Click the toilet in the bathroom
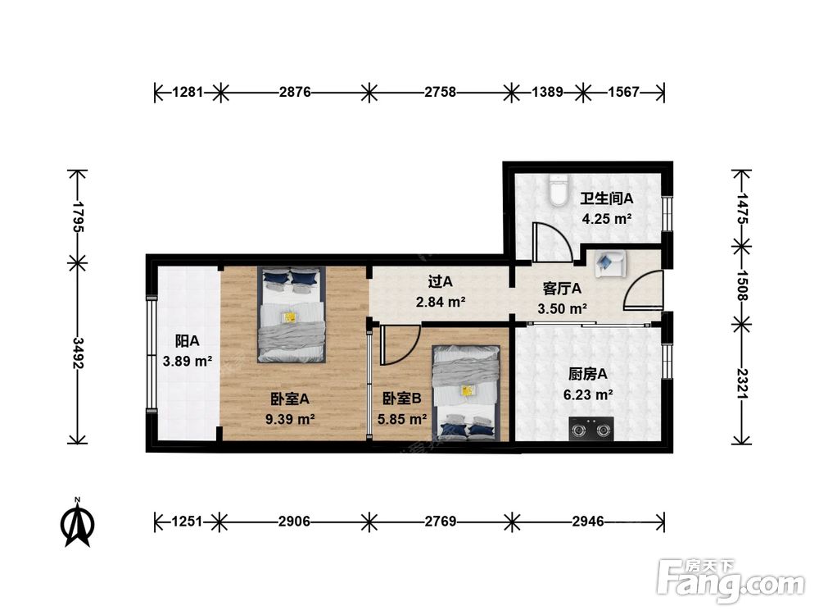[559, 192]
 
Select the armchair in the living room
[610, 263]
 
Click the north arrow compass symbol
[77, 522]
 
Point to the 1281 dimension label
[188, 93]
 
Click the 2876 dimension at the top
[295, 93]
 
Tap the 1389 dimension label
[547, 93]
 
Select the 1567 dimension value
[623, 93]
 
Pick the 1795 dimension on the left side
[78, 216]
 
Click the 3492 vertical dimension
[78, 353]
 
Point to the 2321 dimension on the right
[742, 385]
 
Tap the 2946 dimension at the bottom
[587, 522]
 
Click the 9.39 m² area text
[290, 419]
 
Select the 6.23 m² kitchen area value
[588, 395]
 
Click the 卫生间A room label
[606, 198]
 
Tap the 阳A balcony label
[187, 341]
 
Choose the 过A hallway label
[441, 282]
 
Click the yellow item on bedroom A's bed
[289, 317]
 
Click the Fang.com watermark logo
[731, 580]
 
